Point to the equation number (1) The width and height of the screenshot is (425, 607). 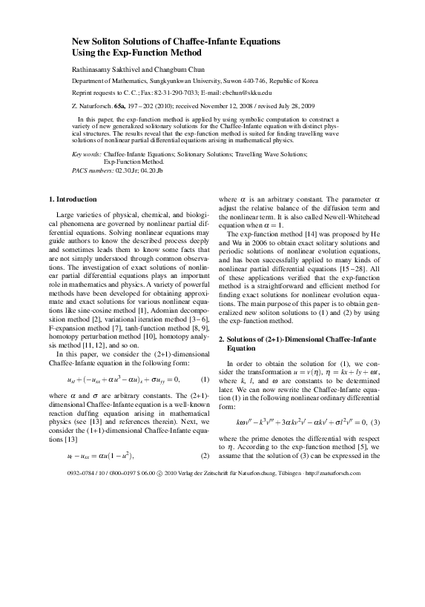(x=205, y=358)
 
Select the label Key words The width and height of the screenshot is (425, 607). (x=87, y=153)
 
